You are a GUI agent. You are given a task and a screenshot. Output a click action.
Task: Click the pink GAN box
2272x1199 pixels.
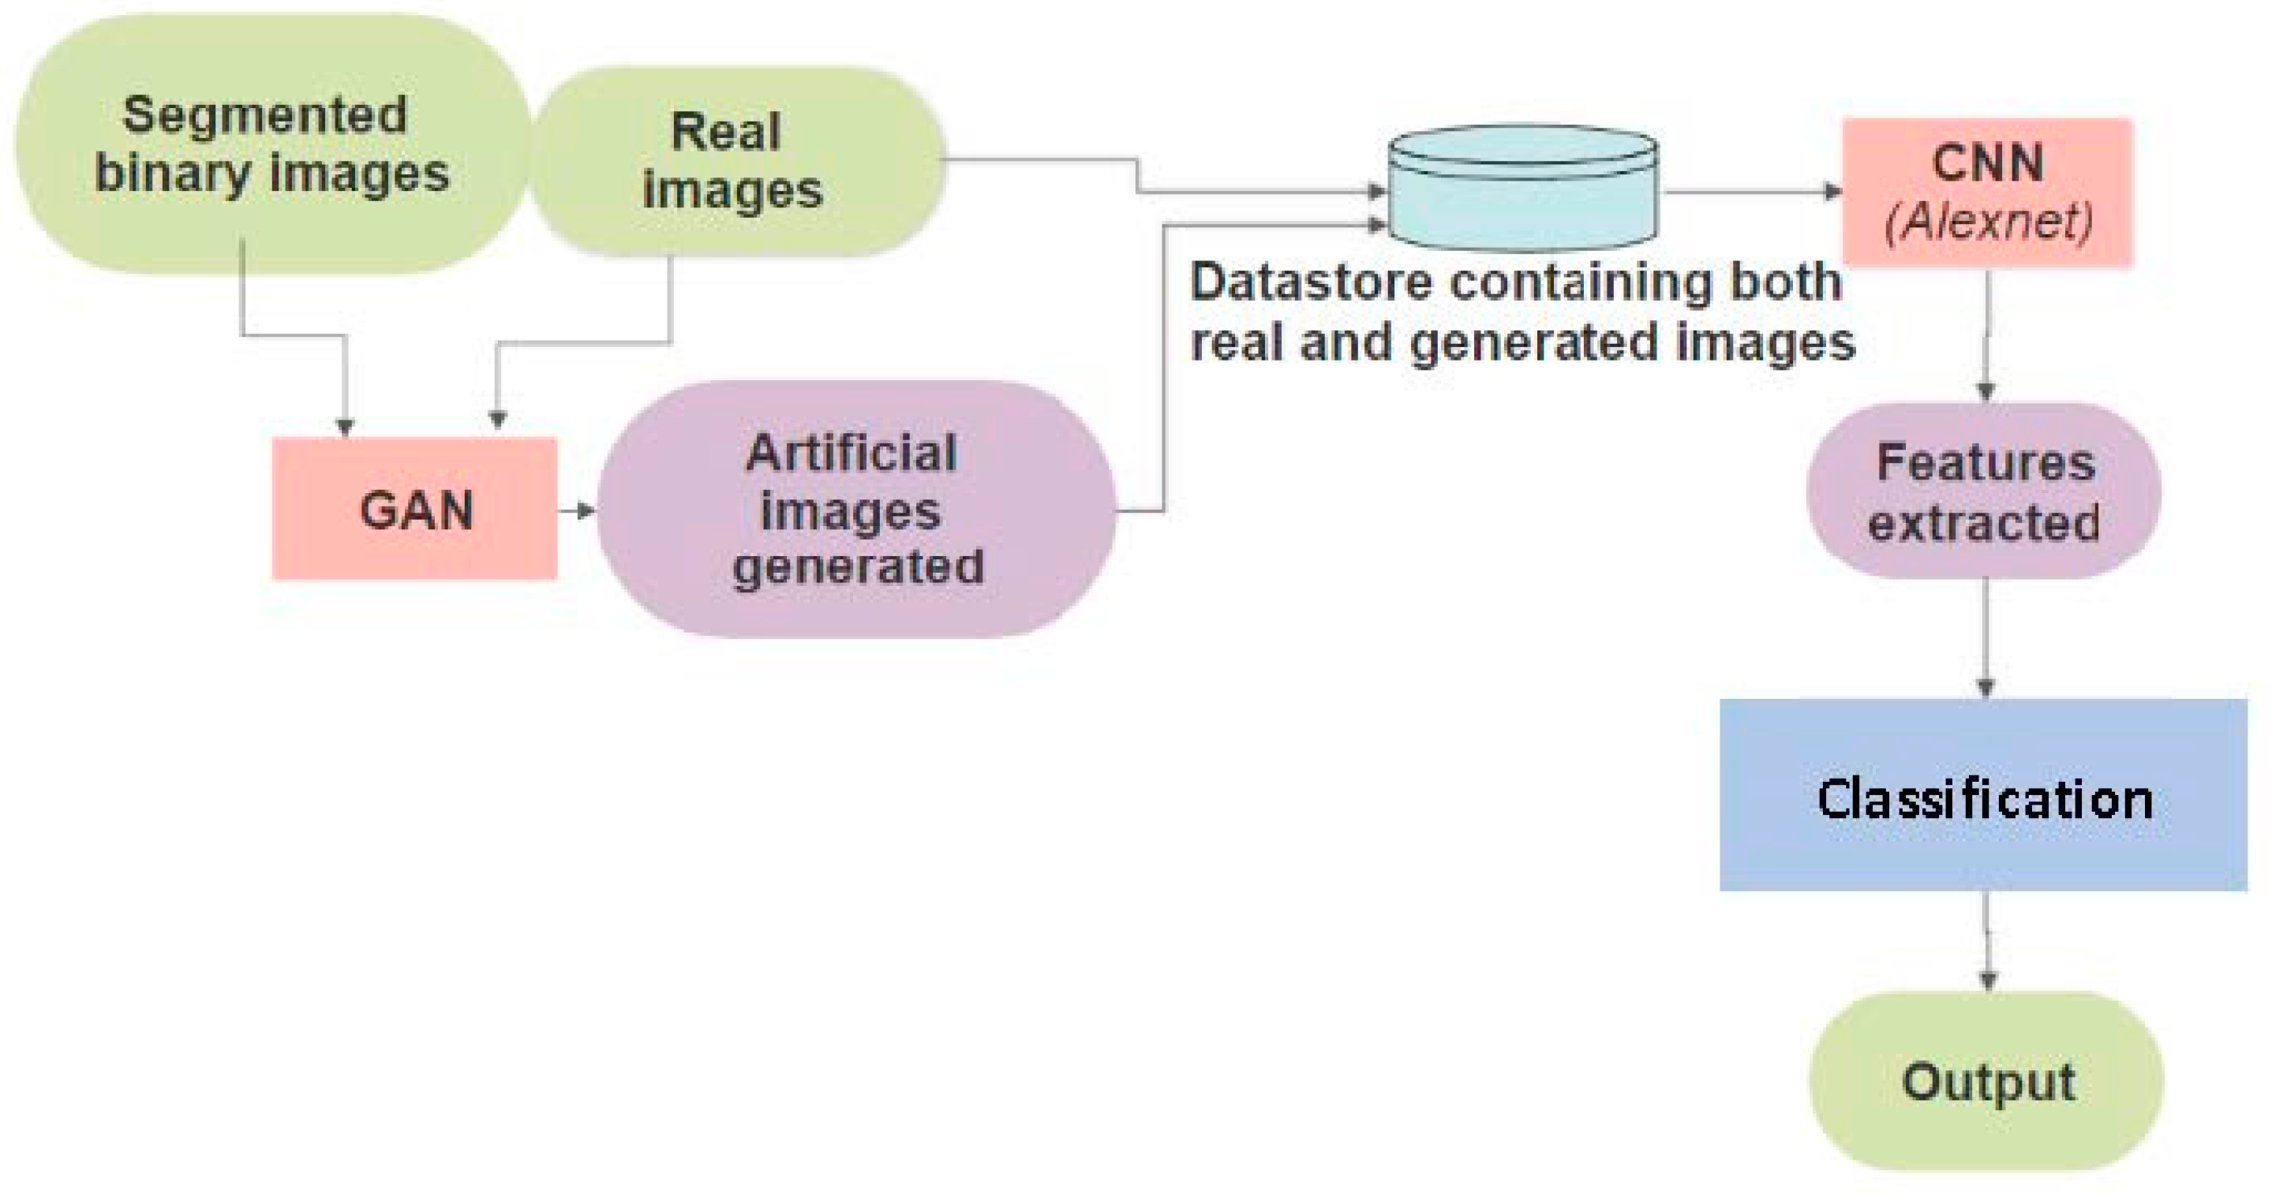[414, 509]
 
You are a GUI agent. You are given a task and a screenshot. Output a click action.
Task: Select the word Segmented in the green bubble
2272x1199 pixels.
[264, 114]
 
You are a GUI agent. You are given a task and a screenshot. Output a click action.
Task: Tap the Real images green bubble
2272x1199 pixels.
[736, 162]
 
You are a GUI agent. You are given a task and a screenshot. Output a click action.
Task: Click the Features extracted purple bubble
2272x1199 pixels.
[1984, 491]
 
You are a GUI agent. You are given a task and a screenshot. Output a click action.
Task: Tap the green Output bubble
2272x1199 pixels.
[1986, 1081]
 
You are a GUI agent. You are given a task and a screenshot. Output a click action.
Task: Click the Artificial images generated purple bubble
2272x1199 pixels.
[855, 509]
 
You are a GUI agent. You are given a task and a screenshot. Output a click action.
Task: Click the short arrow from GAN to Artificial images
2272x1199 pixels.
[577, 510]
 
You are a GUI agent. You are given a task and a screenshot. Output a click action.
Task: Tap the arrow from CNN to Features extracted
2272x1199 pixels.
[1986, 335]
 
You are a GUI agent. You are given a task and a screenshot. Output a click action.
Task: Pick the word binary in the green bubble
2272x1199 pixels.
[171, 174]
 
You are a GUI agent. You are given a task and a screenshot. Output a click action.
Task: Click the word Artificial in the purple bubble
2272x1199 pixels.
[852, 453]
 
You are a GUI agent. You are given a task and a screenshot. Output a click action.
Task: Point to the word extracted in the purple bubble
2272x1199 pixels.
[1984, 523]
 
